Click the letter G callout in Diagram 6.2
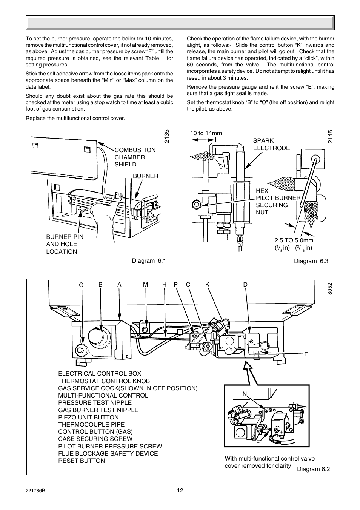click(x=81, y=285)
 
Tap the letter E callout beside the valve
click(x=306, y=354)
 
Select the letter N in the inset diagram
click(x=245, y=394)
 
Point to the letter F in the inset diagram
click(x=258, y=442)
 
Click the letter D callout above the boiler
click(x=245, y=285)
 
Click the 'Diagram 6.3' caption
click(x=311, y=261)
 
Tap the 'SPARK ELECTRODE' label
click(x=271, y=144)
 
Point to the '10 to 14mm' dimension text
click(x=206, y=133)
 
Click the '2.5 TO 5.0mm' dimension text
click(x=294, y=240)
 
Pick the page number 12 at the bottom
click(x=180, y=490)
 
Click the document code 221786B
click(x=35, y=490)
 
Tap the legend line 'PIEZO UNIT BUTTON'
click(x=88, y=417)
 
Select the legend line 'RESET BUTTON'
click(x=82, y=461)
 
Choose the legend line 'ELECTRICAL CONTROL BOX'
click(x=100, y=373)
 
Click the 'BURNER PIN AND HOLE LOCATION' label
click(x=65, y=244)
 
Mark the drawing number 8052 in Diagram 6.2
click(x=330, y=289)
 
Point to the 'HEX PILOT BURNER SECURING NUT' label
click(x=278, y=202)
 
